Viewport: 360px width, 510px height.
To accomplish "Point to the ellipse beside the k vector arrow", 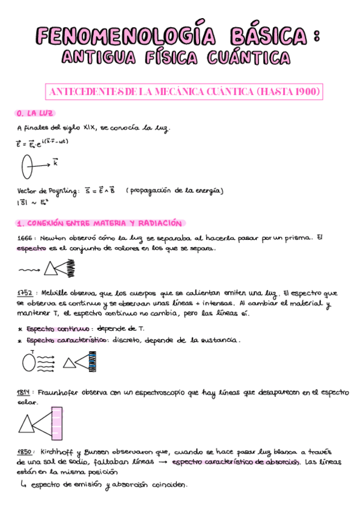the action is pyautogui.click(x=27, y=167).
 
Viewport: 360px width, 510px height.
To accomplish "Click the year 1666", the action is pyautogui.click(x=25, y=238).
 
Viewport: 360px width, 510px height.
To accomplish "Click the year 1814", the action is pyautogui.click(x=25, y=393).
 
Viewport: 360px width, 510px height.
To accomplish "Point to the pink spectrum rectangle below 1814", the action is pyautogui.click(x=56, y=423).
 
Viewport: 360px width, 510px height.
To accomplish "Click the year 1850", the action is pyautogui.click(x=25, y=451).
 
